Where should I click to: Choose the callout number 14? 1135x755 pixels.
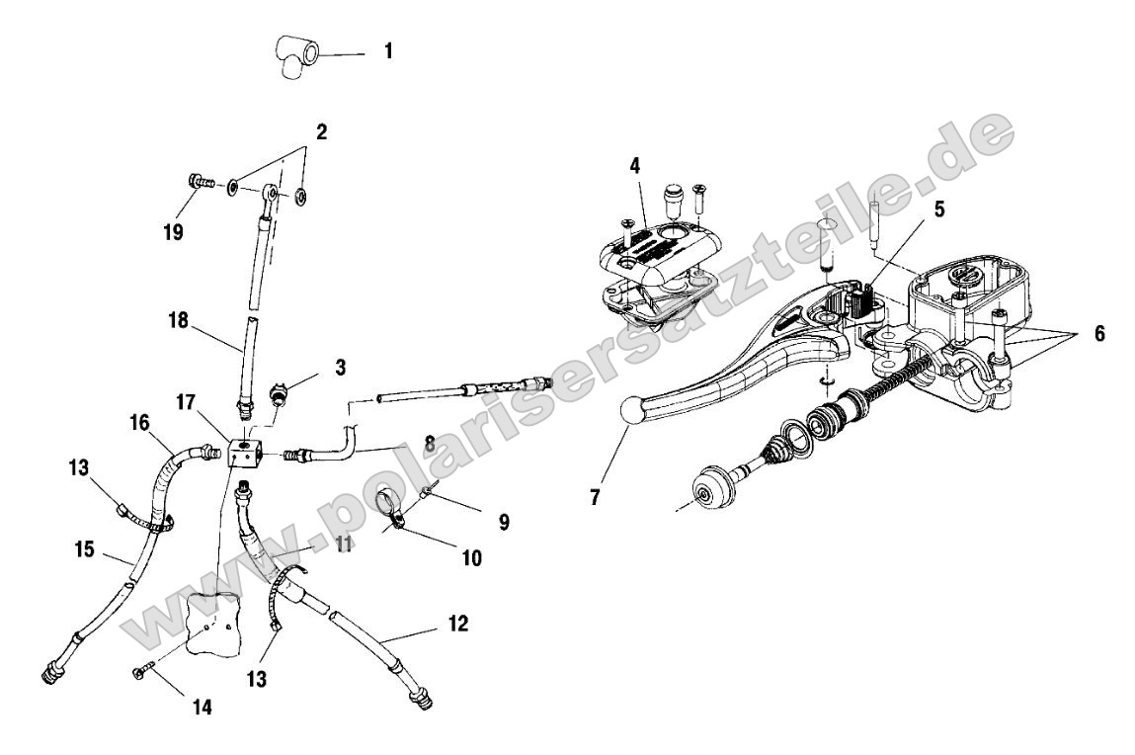(x=202, y=708)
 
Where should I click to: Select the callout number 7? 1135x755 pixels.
(x=595, y=498)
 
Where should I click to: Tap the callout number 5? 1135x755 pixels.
(x=938, y=210)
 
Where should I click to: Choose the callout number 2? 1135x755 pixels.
(x=321, y=131)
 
